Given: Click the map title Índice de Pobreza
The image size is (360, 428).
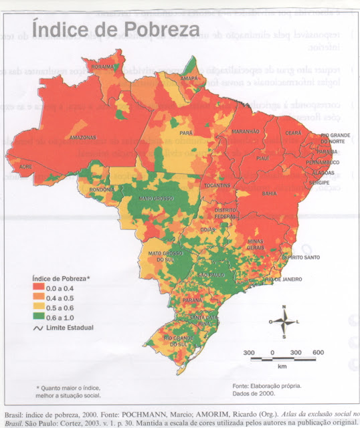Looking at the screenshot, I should [x=116, y=30].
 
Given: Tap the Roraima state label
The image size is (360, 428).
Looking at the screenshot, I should [x=103, y=68].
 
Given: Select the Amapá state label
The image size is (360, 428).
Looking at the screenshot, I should [x=191, y=78].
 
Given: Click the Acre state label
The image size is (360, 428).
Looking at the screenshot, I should [x=25, y=166].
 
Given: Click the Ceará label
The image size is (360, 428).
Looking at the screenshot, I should [x=294, y=132].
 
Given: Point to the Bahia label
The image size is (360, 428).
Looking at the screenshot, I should [x=270, y=193].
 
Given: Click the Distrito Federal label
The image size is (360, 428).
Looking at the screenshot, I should [x=225, y=213].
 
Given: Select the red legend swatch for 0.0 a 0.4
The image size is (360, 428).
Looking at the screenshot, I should [x=41, y=286].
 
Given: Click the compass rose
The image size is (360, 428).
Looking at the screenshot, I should [x=284, y=322].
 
